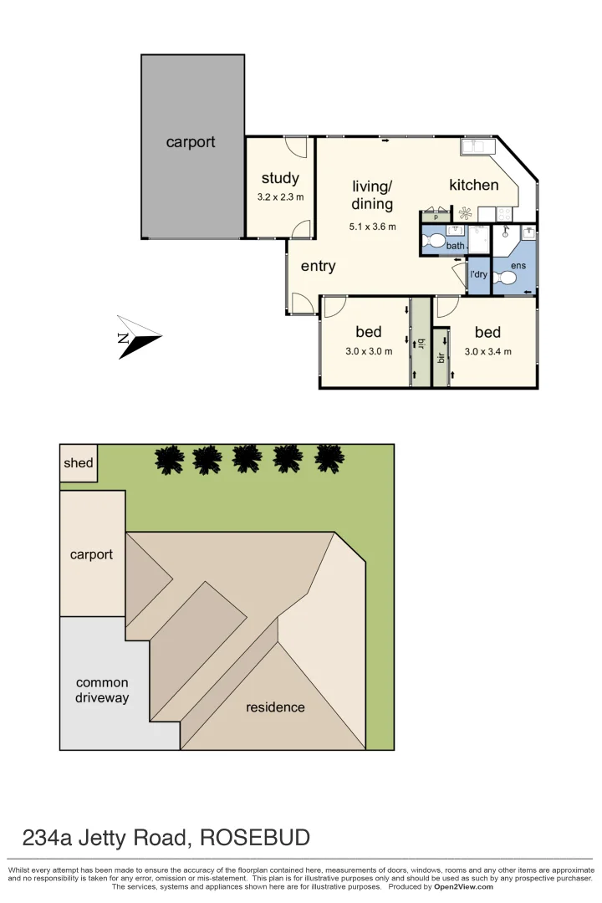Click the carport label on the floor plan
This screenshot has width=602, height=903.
click(191, 142)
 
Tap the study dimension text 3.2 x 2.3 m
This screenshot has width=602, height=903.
click(280, 197)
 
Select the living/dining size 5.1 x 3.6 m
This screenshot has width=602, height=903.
click(372, 227)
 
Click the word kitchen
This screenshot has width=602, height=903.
click(474, 186)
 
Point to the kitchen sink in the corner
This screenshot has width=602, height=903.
click(478, 147)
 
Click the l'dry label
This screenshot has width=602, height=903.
click(478, 274)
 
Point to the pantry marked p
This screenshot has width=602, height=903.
click(436, 217)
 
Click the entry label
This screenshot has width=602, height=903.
click(318, 266)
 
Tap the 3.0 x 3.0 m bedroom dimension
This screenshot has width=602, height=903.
click(369, 352)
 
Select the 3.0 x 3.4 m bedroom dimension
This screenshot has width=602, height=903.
click(487, 352)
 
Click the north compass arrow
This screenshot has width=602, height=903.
click(137, 338)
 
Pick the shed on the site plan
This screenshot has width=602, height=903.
click(79, 463)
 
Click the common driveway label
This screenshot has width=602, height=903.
click(102, 690)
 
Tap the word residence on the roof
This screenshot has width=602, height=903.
click(275, 707)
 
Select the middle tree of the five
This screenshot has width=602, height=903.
click(247, 458)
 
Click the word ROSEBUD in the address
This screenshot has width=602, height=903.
click(261, 837)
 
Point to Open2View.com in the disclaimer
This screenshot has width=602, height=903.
click(462, 887)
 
